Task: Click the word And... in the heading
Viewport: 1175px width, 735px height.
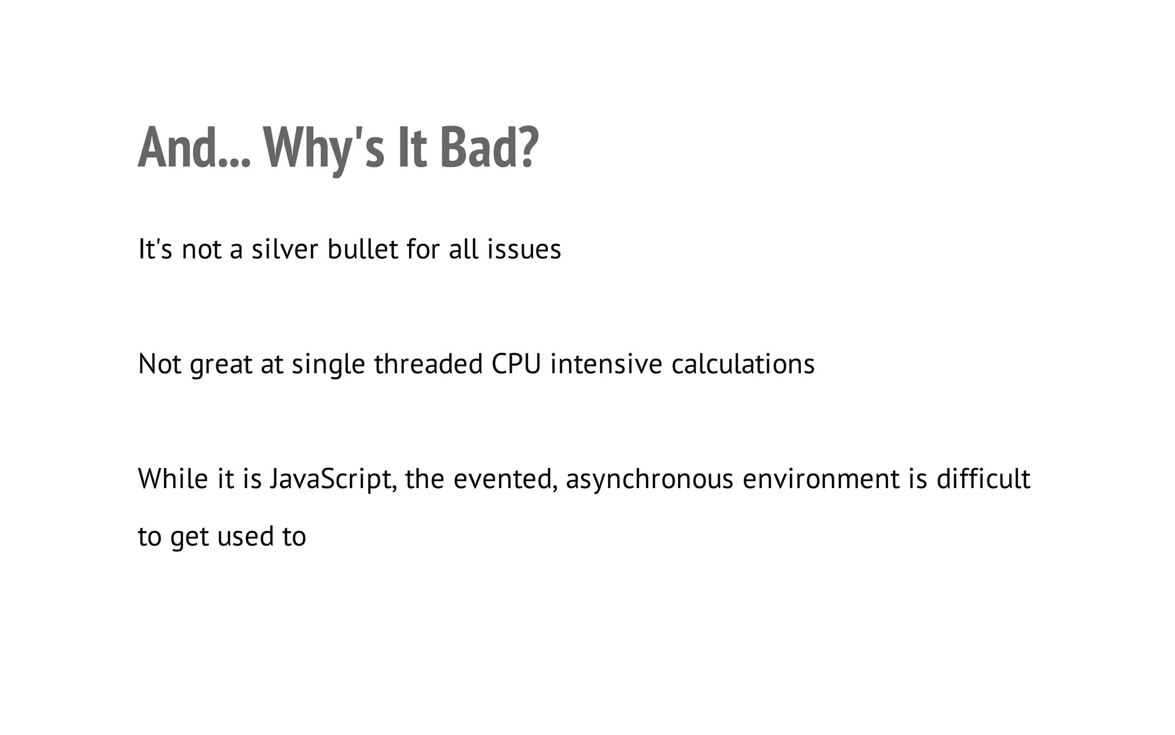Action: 194,148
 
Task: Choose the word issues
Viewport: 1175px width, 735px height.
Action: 524,250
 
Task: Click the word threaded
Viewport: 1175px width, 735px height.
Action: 429,364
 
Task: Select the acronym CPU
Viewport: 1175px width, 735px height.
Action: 516,364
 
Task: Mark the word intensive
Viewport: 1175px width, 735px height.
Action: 606,364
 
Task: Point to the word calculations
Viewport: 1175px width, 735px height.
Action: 743,364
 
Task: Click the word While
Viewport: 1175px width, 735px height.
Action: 173,479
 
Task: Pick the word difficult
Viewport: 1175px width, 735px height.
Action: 983,479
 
